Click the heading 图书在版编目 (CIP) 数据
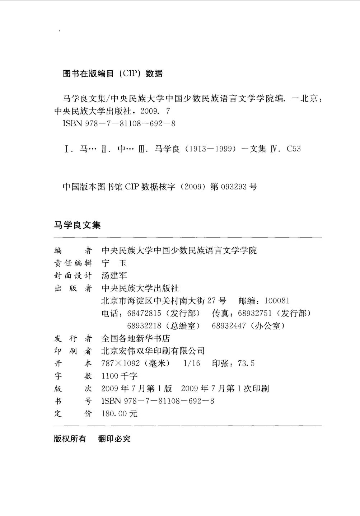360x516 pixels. [113, 74]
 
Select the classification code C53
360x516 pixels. [294, 149]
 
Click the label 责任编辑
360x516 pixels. [73, 263]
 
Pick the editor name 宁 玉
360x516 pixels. [114, 263]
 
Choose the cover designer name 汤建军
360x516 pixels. [114, 276]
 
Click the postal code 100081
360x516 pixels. [277, 301]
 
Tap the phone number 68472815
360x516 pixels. [144, 314]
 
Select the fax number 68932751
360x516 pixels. [255, 314]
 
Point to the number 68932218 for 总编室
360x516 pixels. [144, 326]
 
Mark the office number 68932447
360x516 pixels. [229, 326]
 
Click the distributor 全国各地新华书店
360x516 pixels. [136, 339]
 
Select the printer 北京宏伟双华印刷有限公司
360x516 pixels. [153, 351]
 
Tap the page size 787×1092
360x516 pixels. [121, 364]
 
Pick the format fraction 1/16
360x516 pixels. [192, 364]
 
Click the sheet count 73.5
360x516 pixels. [246, 364]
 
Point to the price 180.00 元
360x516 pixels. [120, 414]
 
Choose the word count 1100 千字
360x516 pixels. [120, 376]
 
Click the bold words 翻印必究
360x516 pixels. [114, 439]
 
